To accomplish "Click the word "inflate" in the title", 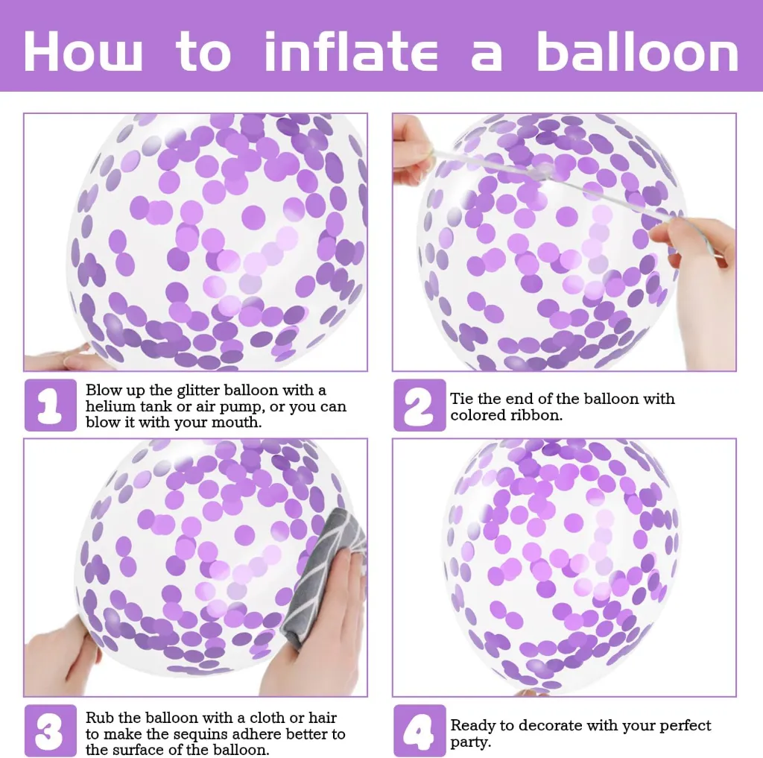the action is tap(351, 51).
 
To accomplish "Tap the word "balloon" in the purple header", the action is tap(637, 51).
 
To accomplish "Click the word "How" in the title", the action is tap(83, 51).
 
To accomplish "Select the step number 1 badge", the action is tap(51, 405).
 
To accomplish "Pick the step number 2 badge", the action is tap(420, 405).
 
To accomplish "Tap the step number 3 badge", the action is tap(51, 730).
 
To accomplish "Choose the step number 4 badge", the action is tap(420, 730).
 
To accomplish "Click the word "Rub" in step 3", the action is tap(100, 718).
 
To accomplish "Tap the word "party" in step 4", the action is tap(469, 742).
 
